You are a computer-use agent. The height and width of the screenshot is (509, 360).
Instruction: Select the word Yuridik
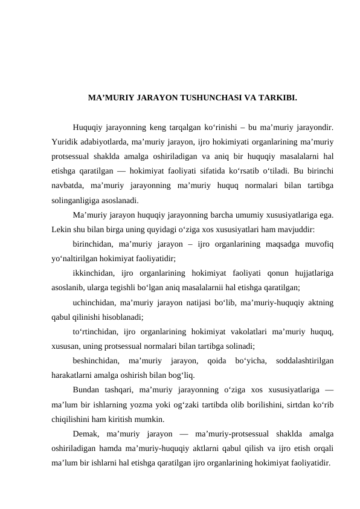click(x=65, y=142)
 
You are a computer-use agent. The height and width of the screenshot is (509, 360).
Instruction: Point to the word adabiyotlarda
click(x=104, y=142)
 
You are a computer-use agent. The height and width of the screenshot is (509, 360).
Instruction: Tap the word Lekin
click(x=61, y=229)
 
